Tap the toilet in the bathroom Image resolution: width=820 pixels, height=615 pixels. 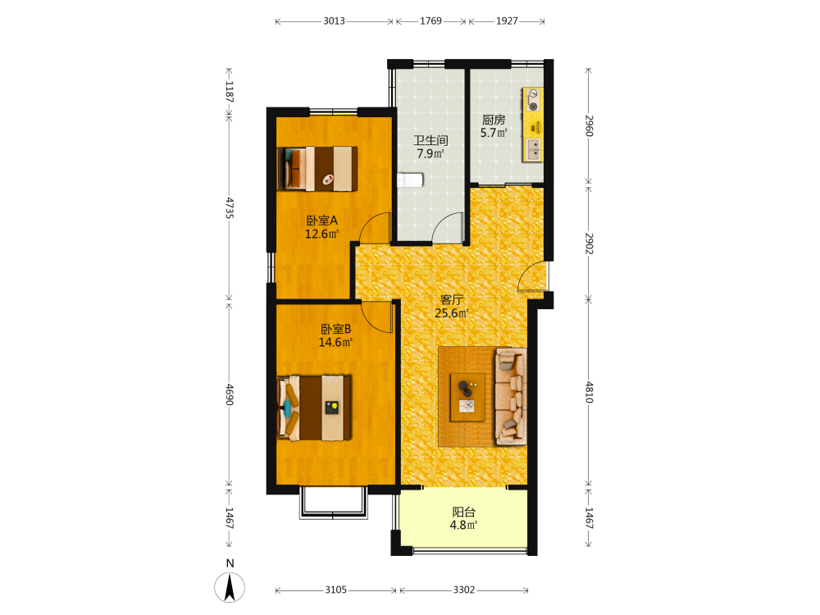[410, 180]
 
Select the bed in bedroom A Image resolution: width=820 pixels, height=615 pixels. [317, 168]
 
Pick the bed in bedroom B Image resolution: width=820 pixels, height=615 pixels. [314, 408]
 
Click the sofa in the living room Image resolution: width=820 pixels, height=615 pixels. [510, 396]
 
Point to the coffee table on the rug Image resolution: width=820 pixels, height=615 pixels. [467, 397]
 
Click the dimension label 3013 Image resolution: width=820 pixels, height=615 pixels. [334, 21]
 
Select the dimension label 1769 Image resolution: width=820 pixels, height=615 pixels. [431, 21]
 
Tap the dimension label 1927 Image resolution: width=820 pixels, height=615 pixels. [507, 21]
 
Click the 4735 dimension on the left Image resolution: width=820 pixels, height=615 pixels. [230, 207]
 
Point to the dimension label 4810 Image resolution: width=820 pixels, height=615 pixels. [590, 392]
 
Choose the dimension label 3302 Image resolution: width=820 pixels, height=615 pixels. [464, 590]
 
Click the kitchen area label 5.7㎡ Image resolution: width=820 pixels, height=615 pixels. [494, 133]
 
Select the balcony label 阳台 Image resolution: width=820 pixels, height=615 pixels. [464, 512]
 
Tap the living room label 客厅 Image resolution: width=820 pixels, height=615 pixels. [452, 299]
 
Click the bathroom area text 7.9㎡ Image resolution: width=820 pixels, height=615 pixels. [430, 154]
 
